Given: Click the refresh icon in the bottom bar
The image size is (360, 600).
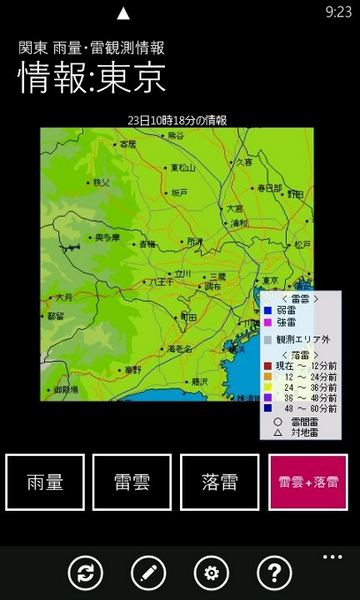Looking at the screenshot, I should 86,573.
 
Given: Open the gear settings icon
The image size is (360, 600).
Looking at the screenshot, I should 211,573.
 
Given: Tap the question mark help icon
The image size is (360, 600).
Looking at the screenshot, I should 273,573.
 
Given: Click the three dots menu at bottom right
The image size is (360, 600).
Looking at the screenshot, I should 333,556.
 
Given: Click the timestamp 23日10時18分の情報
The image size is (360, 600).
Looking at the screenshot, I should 177,120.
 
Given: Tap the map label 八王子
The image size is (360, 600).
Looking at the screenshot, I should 160,283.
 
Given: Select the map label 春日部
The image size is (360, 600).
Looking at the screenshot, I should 270,187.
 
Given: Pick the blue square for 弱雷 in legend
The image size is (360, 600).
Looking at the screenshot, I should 267,310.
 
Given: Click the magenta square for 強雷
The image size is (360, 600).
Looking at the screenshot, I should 267,322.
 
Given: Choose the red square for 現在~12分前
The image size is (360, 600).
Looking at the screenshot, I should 267,365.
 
